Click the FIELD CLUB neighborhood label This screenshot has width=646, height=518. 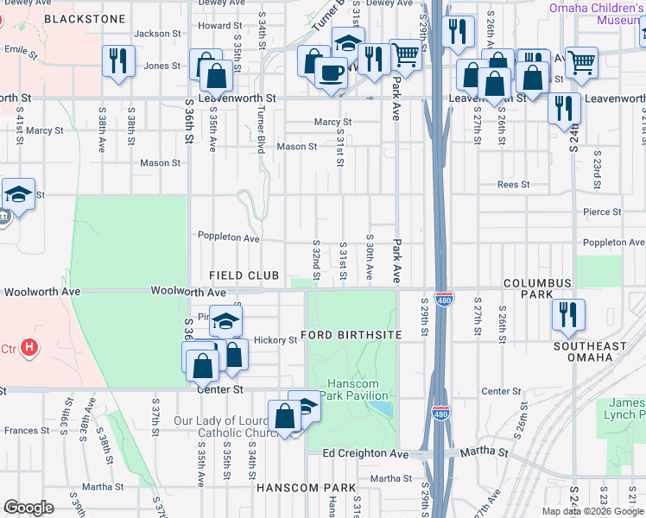click(x=244, y=275)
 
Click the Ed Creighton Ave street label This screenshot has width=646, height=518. click(x=365, y=453)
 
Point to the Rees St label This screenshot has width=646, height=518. click(x=512, y=184)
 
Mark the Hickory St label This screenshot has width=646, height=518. click(x=275, y=340)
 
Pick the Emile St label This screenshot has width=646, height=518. click(x=22, y=54)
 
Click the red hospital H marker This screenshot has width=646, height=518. click(x=29, y=348)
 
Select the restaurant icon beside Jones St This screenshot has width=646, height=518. click(x=118, y=61)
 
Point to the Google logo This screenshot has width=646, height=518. click(x=29, y=508)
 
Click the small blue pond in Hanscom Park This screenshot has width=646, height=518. click(x=384, y=408)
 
